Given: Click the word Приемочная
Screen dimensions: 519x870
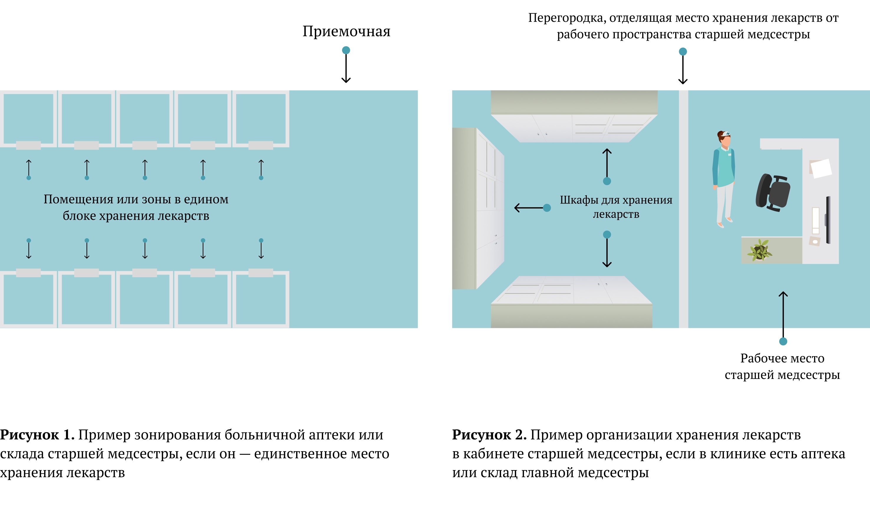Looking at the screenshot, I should (x=346, y=32).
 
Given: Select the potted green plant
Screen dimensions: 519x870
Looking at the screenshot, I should (x=759, y=250).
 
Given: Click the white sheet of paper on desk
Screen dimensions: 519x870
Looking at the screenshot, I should (x=821, y=168).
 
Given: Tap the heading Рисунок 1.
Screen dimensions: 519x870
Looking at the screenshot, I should (x=37, y=435).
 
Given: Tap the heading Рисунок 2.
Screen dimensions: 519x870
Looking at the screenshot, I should (x=489, y=435).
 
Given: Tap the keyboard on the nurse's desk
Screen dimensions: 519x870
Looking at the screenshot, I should (x=815, y=220).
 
